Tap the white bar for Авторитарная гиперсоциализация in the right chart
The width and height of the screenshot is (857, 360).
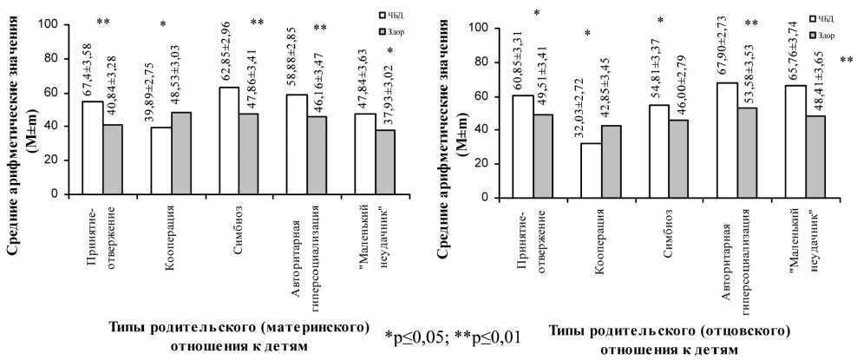[x=728, y=140]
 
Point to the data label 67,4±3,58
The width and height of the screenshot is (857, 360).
[x=98, y=66]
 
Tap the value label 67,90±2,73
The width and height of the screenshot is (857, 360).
[x=727, y=50]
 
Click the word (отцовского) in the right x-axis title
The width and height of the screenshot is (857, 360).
[x=743, y=331]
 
